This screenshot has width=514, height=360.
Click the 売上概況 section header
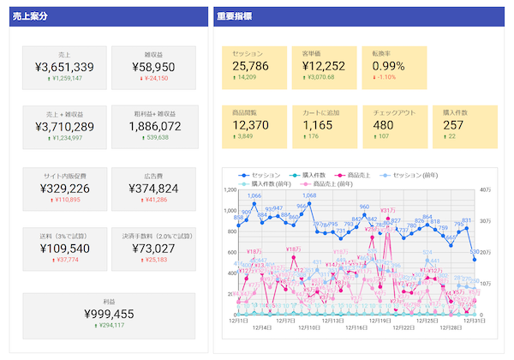pos(31,17)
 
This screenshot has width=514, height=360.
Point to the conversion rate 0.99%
pos(388,66)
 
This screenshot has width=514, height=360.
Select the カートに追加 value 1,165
pos(317,125)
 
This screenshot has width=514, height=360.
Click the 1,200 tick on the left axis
pos(227,189)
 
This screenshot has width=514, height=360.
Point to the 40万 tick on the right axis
pos(485,189)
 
